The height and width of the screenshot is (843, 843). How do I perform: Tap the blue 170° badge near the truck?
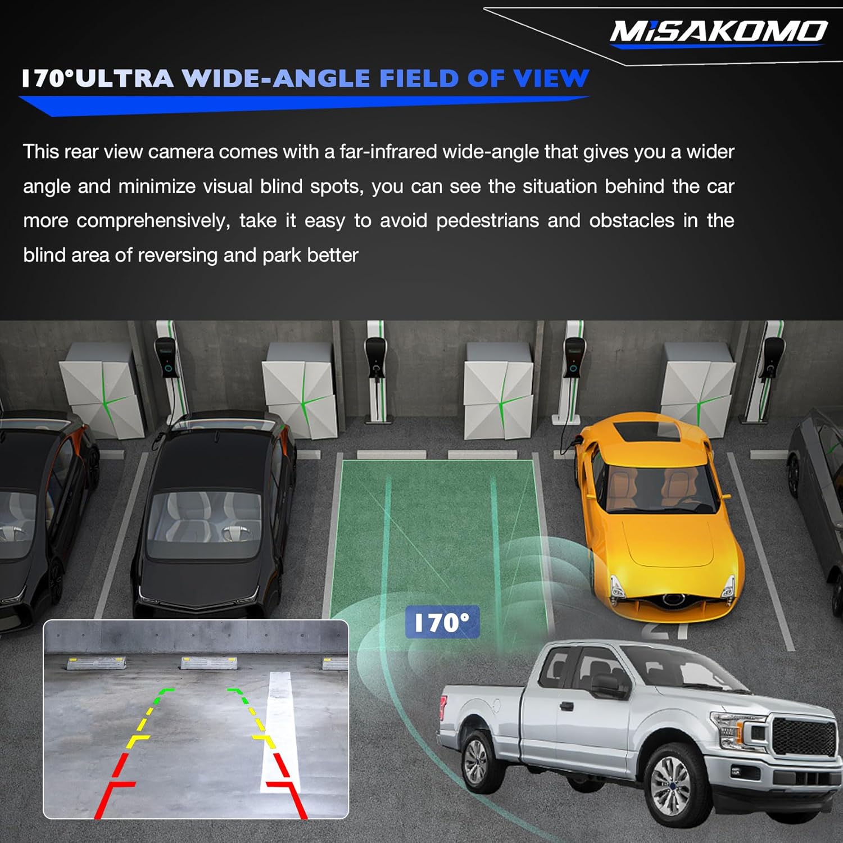pyautogui.click(x=442, y=622)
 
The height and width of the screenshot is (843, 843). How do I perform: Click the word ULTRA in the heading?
pyautogui.click(x=124, y=79)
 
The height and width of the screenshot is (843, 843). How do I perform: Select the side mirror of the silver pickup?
pyautogui.click(x=604, y=685)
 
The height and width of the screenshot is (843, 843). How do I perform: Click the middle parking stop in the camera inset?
pyautogui.click(x=209, y=663)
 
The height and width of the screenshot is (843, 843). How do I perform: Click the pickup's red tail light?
pyautogui.click(x=444, y=708)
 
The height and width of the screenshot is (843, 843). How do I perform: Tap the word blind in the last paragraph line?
pyautogui.click(x=44, y=255)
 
